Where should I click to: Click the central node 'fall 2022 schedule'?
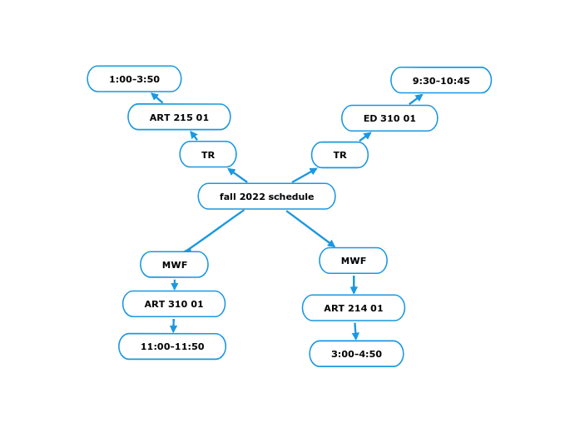pos(266,197)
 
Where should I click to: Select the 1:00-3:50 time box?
pos(134,79)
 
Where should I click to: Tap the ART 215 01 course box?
pos(179,117)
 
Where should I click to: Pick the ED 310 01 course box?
pos(389,118)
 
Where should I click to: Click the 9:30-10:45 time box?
pos(441,81)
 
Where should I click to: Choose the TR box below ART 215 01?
pos(208,155)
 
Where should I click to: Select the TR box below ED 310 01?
pos(340,155)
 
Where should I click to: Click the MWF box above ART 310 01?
pos(174,265)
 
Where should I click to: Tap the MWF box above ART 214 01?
pos(353,261)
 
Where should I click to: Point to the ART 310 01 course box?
pos(174,304)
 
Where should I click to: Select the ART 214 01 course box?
pos(354,308)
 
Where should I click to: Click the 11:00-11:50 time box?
pos(172,346)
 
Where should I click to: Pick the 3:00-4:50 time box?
pos(356,354)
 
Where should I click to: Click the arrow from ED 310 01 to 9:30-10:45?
pos(416,99)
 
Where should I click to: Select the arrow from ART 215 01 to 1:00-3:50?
pos(156,97)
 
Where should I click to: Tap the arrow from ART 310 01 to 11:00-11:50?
pos(173,326)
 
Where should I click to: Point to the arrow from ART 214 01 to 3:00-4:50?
pos(355,331)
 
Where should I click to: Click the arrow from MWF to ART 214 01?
pos(354,284)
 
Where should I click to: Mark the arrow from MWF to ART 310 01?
pos(175,284)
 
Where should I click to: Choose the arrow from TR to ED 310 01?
pos(365,137)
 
